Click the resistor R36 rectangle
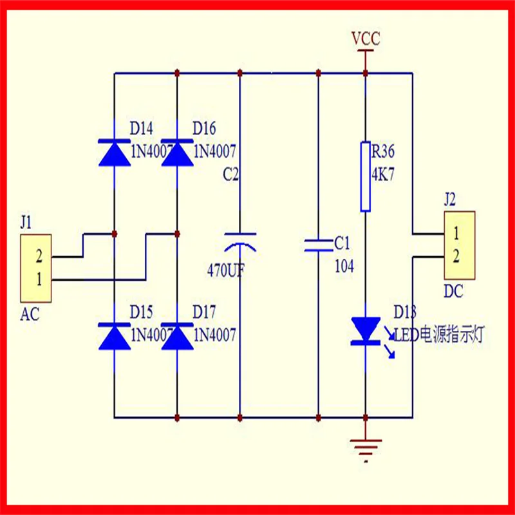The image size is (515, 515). (365, 176)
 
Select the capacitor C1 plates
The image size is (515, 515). (319, 244)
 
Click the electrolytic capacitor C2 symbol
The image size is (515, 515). (239, 241)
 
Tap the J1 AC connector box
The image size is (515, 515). (37, 268)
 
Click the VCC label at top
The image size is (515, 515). (366, 39)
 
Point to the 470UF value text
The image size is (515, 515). (225, 269)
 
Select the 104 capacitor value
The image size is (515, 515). (344, 266)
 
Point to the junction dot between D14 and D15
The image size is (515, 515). (114, 233)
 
